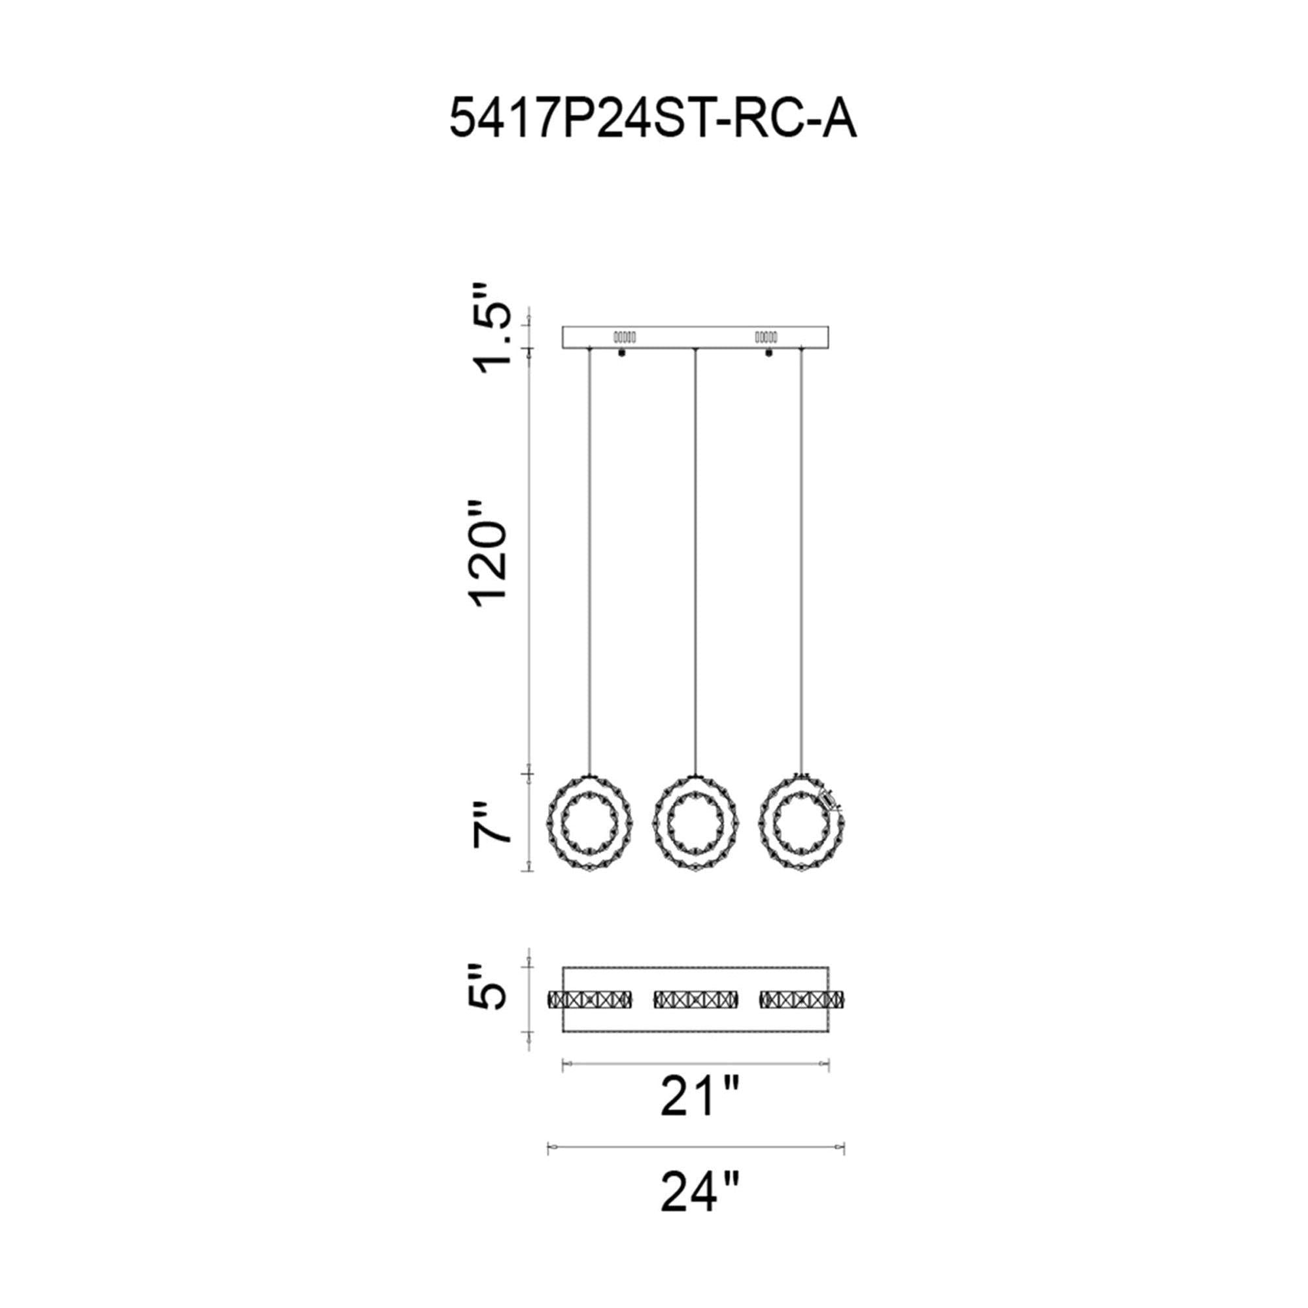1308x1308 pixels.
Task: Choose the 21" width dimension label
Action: pos(697,1097)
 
